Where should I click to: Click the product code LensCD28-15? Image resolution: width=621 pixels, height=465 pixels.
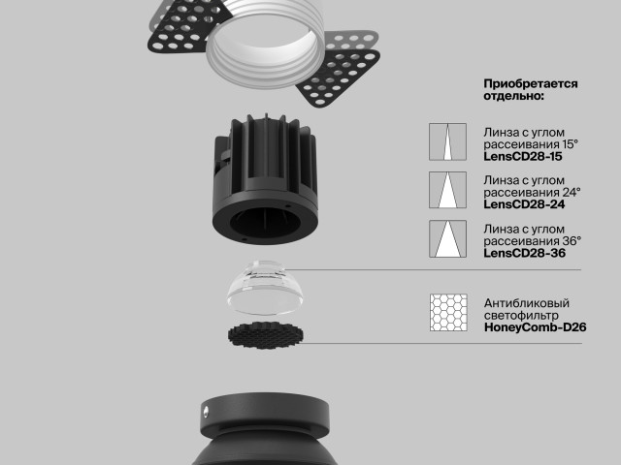pos(522,156)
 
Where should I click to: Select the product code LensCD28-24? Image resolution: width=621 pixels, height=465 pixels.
pos(524,204)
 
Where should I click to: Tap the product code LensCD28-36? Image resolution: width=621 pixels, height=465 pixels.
pos(524,253)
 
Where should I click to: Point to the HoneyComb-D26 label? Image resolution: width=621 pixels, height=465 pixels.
pos(535,327)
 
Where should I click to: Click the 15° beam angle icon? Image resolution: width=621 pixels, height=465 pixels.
pos(447,141)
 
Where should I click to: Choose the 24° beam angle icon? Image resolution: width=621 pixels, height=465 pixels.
pos(447,190)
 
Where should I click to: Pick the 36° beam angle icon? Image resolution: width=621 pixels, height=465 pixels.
pos(447,239)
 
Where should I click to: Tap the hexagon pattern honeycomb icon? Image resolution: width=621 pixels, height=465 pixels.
pos(448,312)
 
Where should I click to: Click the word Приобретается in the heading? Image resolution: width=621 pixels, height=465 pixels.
pos(531,84)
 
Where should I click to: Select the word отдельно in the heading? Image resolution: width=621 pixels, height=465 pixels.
pos(511,96)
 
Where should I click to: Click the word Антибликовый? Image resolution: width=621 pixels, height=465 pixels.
pos(527,303)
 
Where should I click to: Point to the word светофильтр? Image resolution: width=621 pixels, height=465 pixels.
pos(522,315)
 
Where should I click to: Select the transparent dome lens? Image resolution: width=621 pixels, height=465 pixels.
pos(265,288)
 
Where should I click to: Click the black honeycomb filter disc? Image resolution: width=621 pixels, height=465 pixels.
pos(265,335)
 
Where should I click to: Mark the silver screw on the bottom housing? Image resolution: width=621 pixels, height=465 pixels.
pos(206,412)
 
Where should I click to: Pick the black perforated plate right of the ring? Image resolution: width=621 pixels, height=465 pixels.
pos(340,76)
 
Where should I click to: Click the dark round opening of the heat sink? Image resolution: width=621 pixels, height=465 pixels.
pos(263,222)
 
